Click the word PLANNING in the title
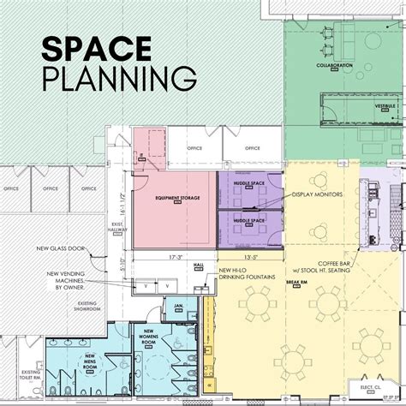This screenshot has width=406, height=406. tap(116, 79)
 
